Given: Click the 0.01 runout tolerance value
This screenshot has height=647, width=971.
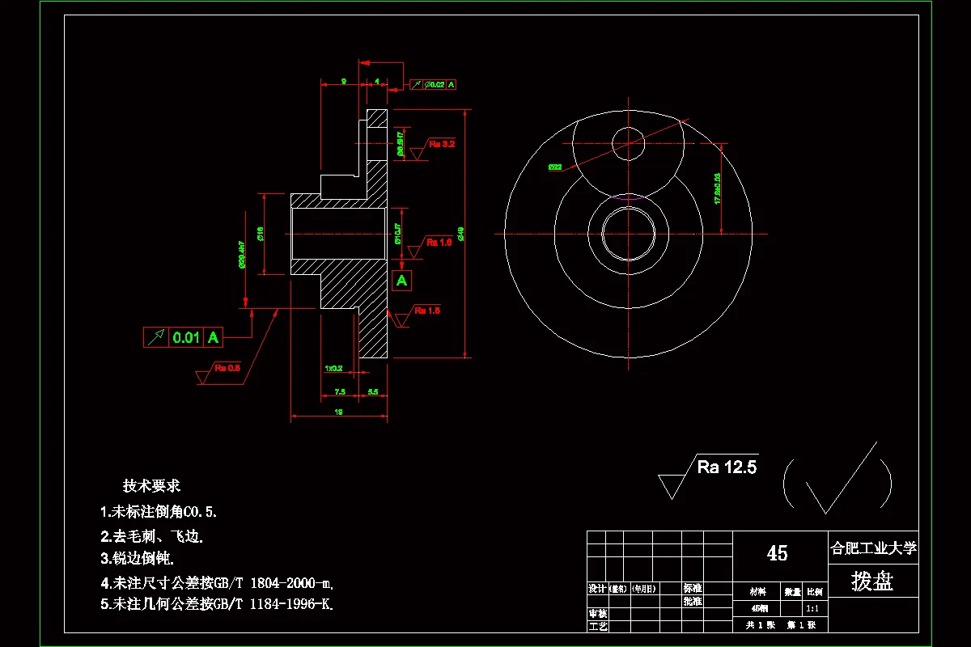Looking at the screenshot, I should coord(187,337).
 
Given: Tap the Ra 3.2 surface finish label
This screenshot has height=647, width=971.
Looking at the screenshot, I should coord(442,144).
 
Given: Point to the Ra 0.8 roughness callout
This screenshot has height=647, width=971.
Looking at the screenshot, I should coord(227,368).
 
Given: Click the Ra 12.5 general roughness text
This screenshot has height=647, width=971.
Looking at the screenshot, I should coord(727,467).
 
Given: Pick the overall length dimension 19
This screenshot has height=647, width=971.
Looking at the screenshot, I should coord(338,412).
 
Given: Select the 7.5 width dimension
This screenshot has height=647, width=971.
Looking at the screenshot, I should coord(339,391).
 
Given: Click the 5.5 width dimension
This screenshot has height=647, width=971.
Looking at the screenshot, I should coord(373,391).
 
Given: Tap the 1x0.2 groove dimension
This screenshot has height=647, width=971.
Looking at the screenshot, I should coord(333,368).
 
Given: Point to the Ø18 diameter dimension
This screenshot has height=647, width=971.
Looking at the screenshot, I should coord(261,234).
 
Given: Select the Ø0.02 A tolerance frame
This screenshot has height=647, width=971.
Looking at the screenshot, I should coord(434,84).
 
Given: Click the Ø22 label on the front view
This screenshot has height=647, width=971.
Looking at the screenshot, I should coord(555,167).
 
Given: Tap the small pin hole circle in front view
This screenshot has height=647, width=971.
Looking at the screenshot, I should coord(629,143).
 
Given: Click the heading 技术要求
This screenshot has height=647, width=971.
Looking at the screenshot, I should coord(151,486).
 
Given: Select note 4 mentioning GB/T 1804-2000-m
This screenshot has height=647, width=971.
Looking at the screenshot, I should coord(218,582).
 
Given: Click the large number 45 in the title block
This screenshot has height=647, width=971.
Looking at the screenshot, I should coord(777,553).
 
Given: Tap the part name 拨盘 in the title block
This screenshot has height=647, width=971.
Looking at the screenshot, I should coord(873,581).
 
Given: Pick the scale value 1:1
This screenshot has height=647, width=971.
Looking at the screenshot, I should coord(814,608).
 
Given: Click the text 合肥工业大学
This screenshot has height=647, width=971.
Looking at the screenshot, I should coord(873,548).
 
